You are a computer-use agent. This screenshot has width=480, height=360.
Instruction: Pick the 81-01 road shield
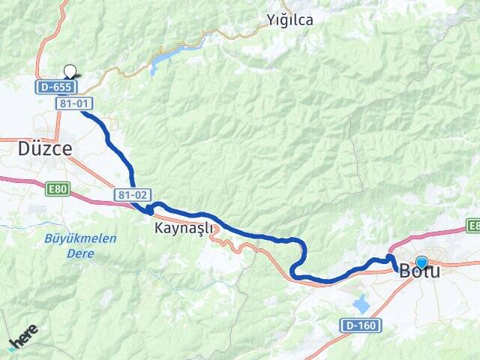click(x=77, y=104)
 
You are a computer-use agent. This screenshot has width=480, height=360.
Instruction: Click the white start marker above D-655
click(x=70, y=72)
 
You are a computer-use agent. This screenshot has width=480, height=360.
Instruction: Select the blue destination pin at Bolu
click(x=421, y=262)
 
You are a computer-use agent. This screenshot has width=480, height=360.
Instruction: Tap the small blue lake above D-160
click(x=362, y=304)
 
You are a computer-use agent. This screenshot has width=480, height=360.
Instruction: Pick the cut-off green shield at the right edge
click(x=473, y=225)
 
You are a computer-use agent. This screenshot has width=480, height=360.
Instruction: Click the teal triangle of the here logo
click(x=12, y=347)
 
